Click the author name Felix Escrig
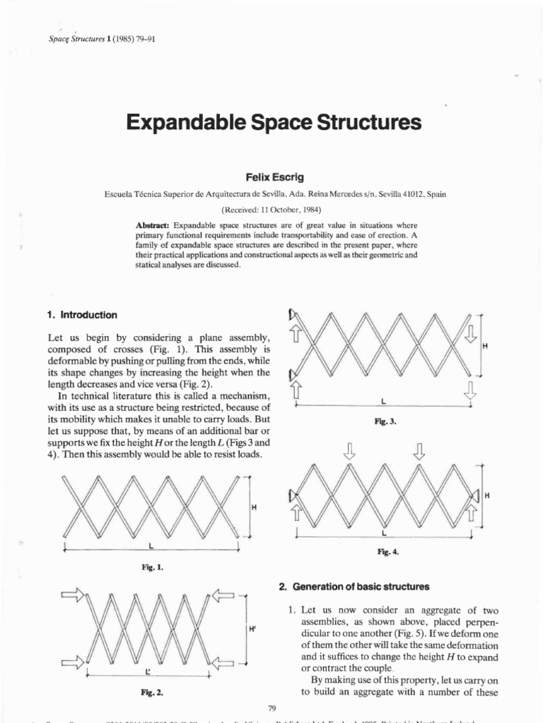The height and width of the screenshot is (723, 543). point(272,177)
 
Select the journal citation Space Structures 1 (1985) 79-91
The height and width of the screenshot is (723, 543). point(91,39)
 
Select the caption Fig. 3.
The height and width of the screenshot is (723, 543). point(385,422)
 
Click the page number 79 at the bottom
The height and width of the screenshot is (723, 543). point(272,708)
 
